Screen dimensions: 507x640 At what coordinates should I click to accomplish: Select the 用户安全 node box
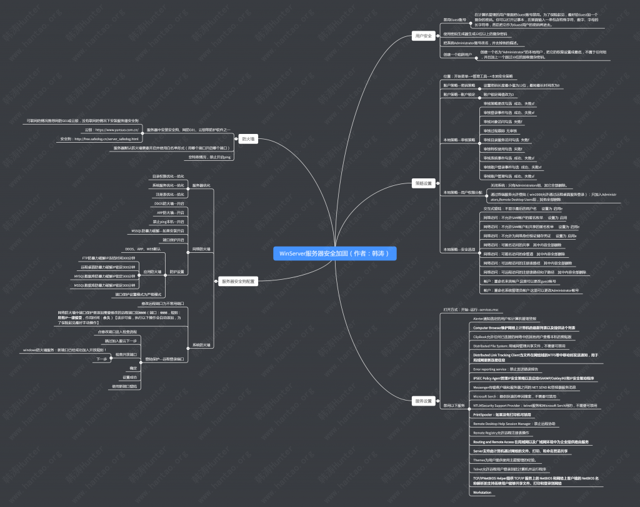(424, 36)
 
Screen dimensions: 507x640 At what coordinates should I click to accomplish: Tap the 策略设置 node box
(424, 183)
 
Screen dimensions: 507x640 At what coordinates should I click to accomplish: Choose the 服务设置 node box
(424, 401)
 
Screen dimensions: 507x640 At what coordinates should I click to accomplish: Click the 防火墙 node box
(248, 139)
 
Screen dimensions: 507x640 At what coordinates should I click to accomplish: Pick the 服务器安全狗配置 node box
(238, 282)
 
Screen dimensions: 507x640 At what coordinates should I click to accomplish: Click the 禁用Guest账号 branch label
(454, 20)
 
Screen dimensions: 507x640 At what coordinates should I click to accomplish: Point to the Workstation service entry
(482, 493)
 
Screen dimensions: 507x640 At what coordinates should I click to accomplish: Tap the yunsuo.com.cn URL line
(112, 130)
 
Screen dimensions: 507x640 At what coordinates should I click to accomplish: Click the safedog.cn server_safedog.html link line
(99, 138)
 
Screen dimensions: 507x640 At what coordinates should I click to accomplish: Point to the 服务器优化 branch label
(201, 185)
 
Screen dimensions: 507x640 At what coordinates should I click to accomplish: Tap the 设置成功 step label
(129, 377)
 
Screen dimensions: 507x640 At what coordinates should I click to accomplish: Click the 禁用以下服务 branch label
(454, 406)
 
